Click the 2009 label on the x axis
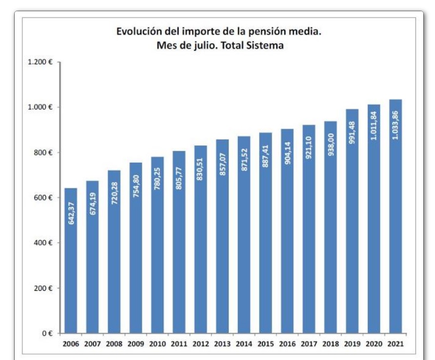136,344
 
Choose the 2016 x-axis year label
287,344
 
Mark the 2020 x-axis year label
374,344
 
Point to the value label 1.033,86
395,125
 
